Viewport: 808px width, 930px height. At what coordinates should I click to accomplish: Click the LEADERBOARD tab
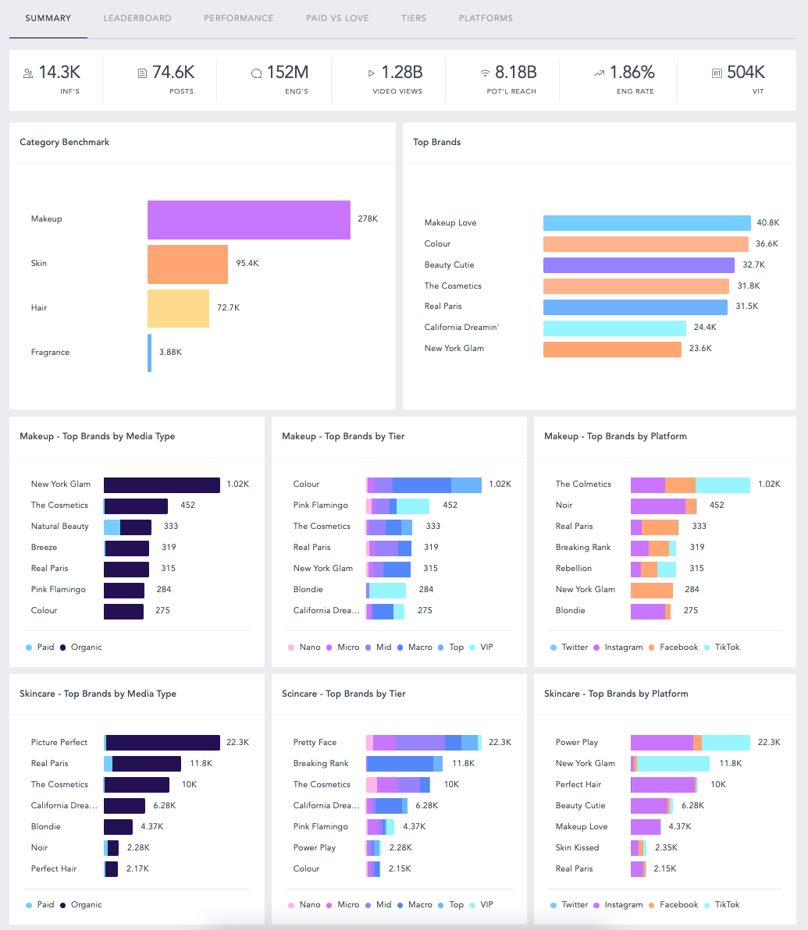137,18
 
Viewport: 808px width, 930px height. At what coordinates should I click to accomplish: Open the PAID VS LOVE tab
337,18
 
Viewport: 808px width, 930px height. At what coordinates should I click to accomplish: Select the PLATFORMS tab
486,18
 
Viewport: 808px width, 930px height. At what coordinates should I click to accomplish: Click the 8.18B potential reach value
516,73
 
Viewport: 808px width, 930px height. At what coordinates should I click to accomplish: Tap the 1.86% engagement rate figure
632,73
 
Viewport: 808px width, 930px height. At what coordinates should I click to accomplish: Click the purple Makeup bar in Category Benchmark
248,219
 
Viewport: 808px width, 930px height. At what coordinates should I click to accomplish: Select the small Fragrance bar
149,353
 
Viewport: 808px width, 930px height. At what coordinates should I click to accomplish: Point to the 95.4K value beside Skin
247,264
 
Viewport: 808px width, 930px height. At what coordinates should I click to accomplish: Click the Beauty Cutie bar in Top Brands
639,265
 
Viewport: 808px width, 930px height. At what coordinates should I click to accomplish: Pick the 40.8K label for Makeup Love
767,223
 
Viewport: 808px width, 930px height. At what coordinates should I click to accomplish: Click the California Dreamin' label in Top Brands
461,328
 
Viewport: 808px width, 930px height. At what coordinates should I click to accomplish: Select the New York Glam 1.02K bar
162,485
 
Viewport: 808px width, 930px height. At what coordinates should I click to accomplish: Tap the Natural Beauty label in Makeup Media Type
60,527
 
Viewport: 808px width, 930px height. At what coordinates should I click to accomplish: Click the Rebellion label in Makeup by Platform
574,569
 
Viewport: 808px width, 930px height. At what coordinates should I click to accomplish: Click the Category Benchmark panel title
65,143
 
